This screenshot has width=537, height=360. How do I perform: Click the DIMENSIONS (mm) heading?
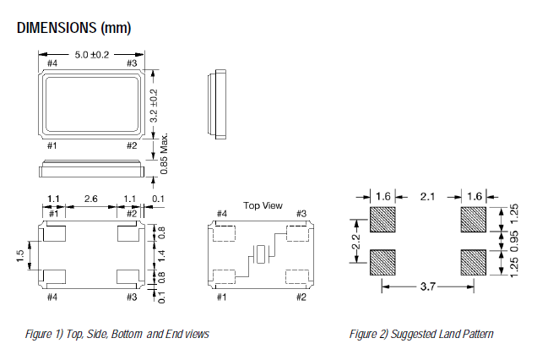(73, 29)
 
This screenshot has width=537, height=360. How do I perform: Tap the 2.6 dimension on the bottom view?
(90, 199)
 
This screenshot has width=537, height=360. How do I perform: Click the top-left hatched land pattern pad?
(382, 221)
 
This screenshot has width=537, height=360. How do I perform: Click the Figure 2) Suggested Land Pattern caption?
(421, 334)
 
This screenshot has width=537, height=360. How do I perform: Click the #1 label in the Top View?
(221, 297)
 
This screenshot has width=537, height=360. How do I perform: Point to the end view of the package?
(215, 106)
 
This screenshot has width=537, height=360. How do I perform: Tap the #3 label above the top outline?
(131, 63)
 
